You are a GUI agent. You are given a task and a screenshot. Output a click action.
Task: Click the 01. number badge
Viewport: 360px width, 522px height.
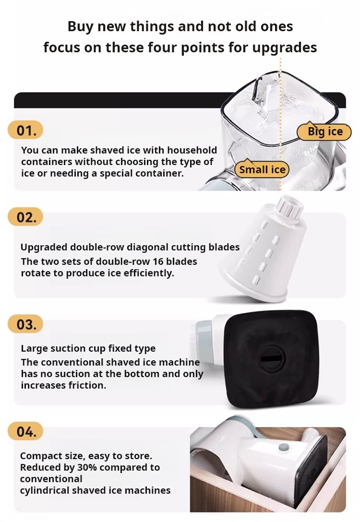click(25, 130)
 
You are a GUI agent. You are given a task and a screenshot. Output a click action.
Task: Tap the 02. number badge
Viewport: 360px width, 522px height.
click(25, 217)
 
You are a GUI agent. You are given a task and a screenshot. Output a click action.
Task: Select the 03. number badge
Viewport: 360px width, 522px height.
click(25, 324)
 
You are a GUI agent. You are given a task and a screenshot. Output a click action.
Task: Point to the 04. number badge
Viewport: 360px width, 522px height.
click(25, 431)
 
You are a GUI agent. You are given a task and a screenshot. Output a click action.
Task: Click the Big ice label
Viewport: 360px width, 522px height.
click(324, 131)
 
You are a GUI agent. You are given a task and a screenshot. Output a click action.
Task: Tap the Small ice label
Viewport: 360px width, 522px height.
click(262, 169)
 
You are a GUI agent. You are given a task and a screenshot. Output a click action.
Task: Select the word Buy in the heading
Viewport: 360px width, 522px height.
click(81, 27)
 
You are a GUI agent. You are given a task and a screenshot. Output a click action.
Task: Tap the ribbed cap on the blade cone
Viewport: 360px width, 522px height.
click(289, 207)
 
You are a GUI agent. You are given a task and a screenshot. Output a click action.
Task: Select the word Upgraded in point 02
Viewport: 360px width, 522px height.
click(44, 248)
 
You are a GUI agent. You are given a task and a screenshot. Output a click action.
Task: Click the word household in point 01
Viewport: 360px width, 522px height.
click(192, 150)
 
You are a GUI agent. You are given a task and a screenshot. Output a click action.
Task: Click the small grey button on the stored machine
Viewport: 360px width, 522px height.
click(284, 447)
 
